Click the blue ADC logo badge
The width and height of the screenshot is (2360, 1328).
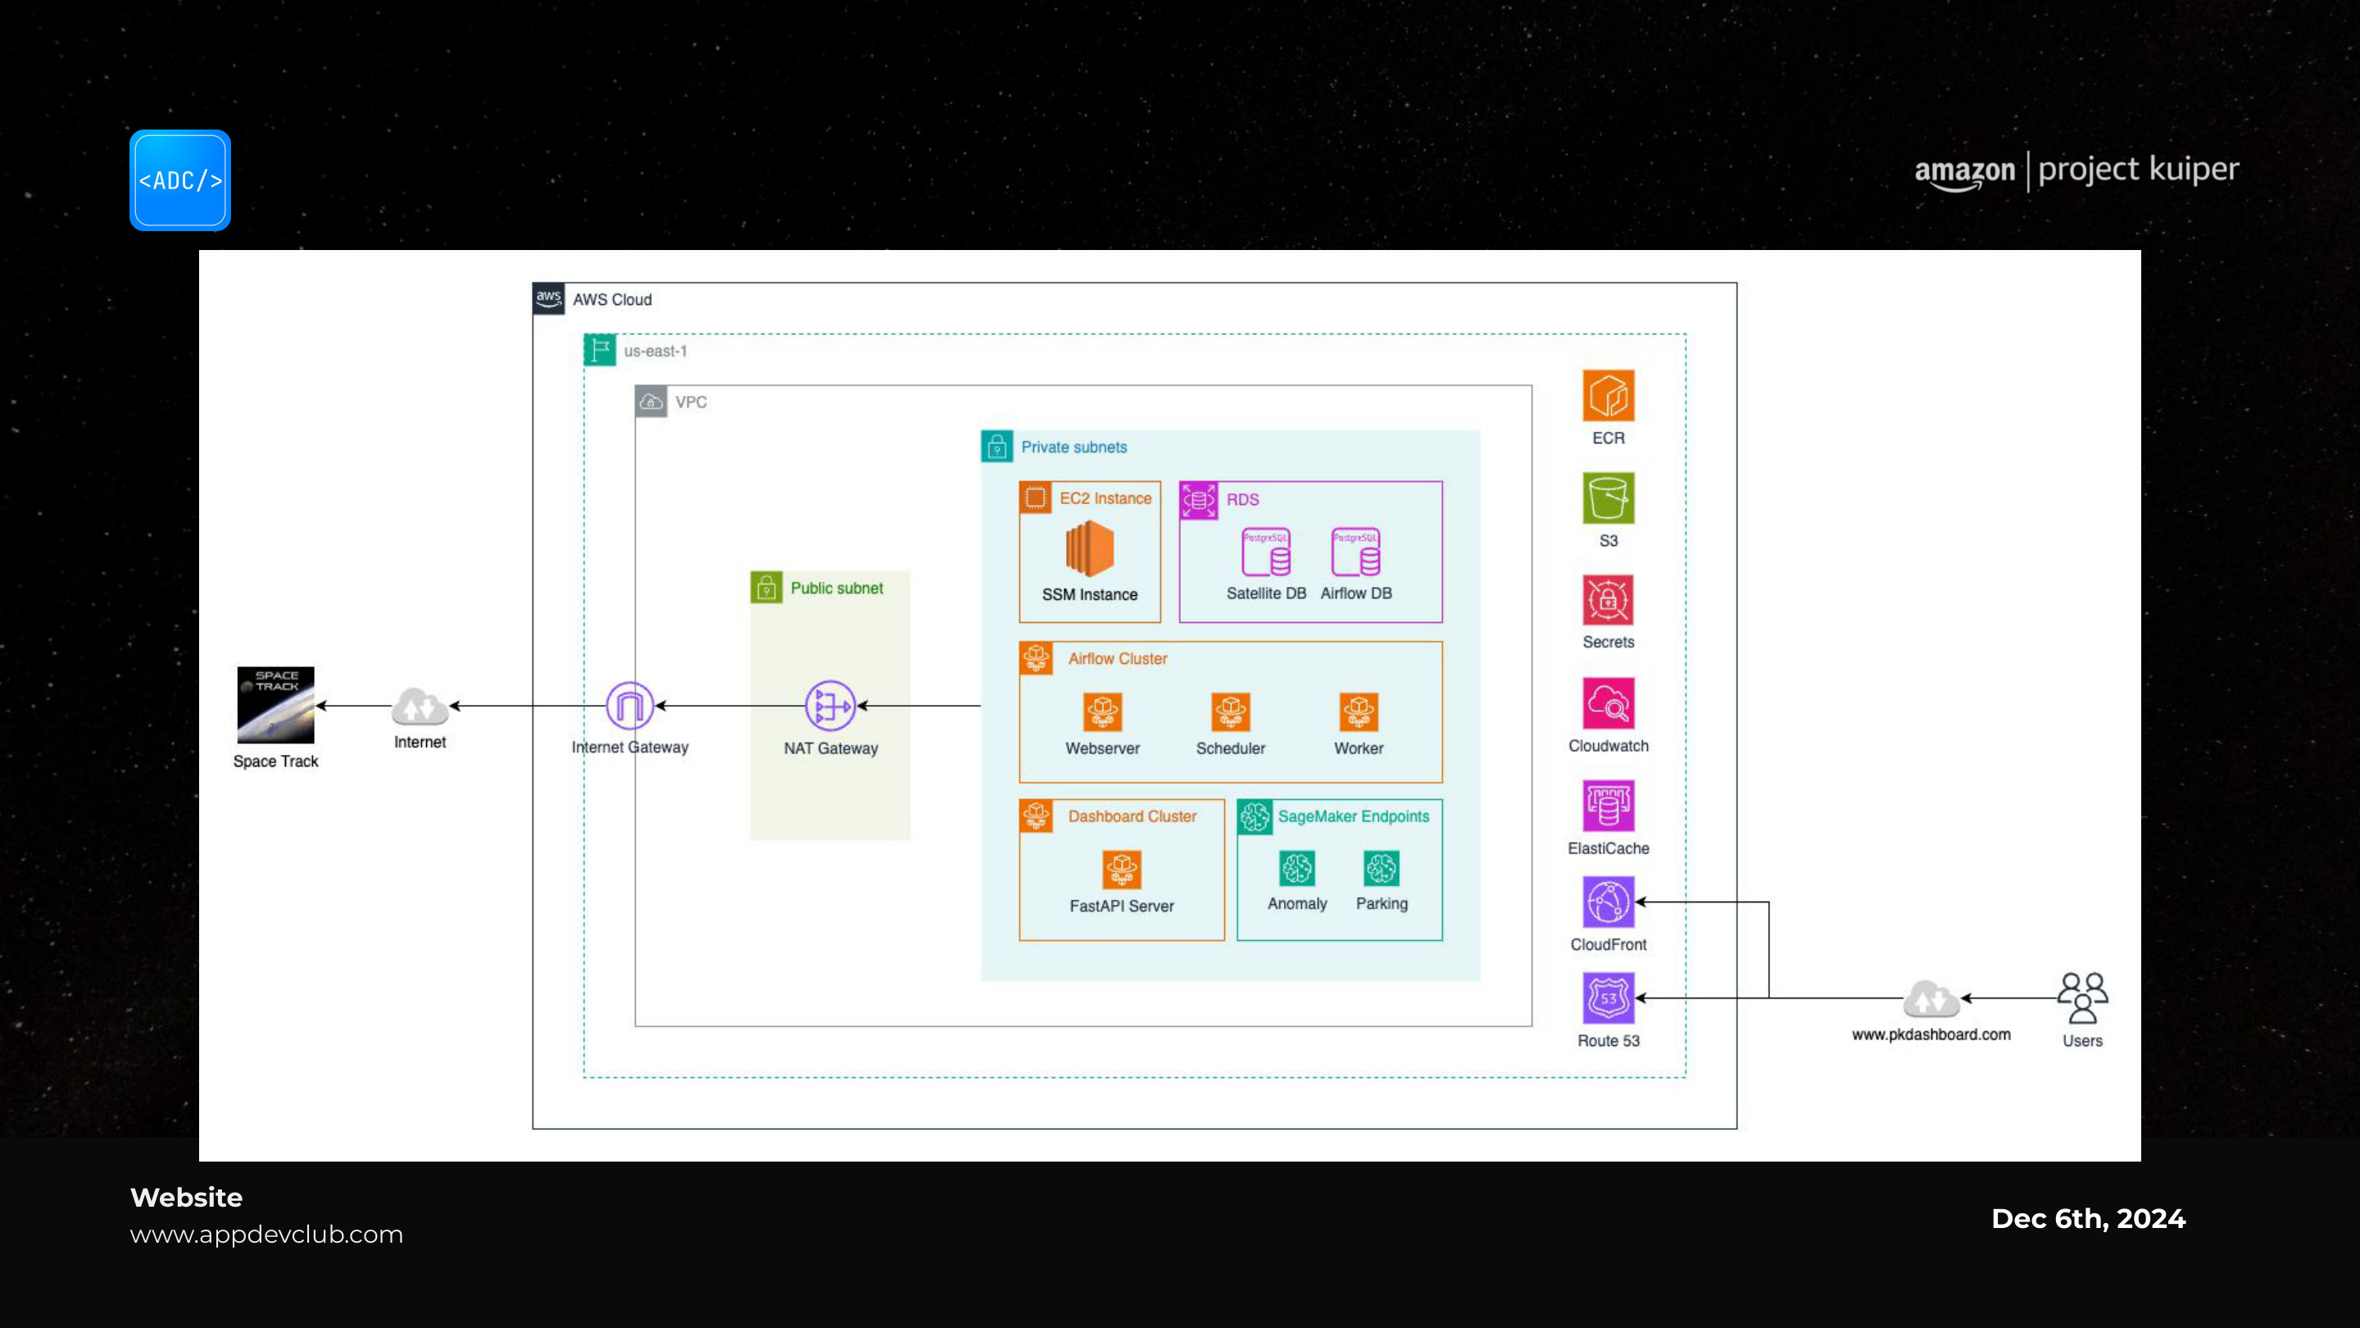coord(180,180)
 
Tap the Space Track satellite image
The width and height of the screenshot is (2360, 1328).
coord(276,705)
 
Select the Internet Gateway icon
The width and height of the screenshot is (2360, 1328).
coord(629,706)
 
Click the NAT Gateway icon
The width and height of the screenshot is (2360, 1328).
coord(830,706)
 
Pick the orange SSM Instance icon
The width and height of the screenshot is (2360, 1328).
coord(1089,549)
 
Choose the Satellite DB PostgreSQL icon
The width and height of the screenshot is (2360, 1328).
coord(1266,552)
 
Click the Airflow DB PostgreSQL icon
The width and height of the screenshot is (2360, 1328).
coord(1356,552)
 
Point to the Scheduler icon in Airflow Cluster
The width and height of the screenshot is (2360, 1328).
coord(1230,712)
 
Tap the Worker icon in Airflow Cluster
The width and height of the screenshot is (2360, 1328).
coord(1359,712)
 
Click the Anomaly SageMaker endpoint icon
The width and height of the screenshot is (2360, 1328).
coord(1297,868)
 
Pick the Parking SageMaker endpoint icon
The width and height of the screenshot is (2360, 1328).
coord(1382,868)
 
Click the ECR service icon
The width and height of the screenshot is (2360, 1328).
coord(1609,396)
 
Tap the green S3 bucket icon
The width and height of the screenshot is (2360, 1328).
coord(1609,498)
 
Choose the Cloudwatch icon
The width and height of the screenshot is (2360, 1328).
coord(1609,704)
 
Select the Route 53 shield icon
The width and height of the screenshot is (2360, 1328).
coord(1609,998)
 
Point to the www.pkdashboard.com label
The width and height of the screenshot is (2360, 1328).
coord(1931,1035)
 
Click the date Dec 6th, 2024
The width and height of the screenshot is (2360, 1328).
coord(2089,1219)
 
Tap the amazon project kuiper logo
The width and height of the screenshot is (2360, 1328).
coord(2077,171)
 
